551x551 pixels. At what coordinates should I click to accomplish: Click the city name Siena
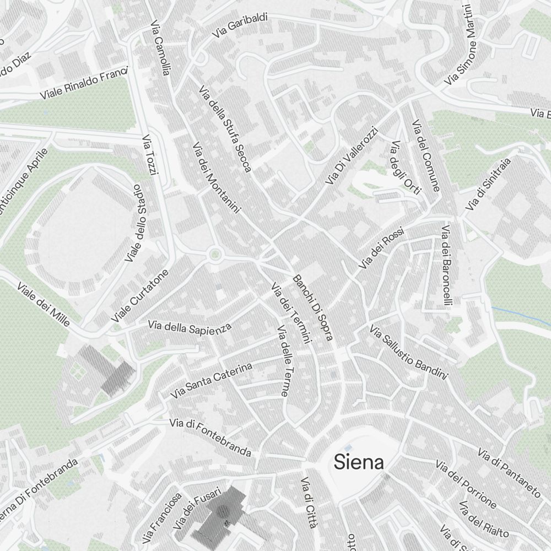359,462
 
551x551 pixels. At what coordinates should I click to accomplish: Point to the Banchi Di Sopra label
313,307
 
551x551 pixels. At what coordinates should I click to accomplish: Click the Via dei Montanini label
217,177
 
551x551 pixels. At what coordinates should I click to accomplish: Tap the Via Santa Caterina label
211,381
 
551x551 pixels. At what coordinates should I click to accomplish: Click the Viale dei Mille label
44,304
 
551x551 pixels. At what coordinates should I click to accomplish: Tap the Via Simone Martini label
462,45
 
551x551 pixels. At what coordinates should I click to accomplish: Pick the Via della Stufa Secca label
225,129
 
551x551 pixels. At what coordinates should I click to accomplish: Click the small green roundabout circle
214,254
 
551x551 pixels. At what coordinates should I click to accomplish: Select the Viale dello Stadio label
134,223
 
